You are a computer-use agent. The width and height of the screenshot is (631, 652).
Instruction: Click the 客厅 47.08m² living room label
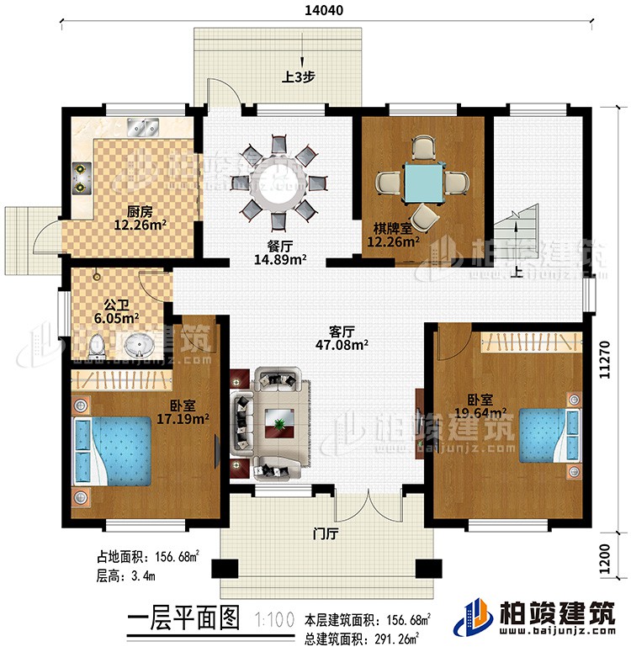click(x=339, y=337)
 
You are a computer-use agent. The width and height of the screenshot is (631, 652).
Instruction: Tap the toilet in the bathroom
click(x=96, y=345)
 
